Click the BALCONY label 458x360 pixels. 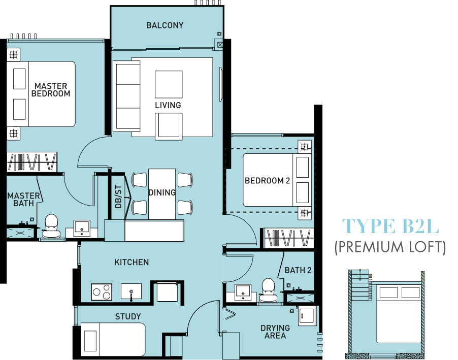point(165,25)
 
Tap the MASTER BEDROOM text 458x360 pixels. point(51,90)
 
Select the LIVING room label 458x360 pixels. point(168,105)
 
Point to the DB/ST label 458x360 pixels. point(118,197)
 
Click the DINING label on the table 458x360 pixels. point(162,192)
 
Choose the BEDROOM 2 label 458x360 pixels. point(267,181)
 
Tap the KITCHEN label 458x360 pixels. point(132,262)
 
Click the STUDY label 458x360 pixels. point(128,316)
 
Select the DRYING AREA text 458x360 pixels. point(275,332)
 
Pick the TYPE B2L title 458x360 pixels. point(390,226)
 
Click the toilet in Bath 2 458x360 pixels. point(268,290)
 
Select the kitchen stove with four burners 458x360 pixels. point(102,291)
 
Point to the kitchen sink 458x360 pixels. point(131,291)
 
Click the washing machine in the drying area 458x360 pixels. point(306,316)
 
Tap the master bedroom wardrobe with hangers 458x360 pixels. point(32,162)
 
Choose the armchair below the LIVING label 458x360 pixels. point(169,126)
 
